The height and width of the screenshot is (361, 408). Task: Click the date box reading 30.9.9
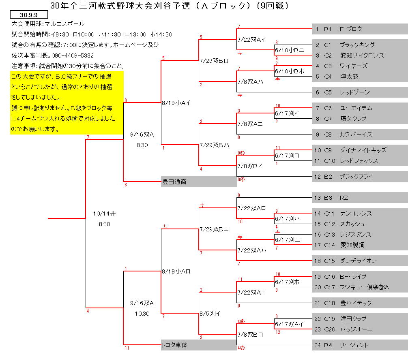click(29, 15)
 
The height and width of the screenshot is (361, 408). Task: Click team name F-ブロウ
click(351, 29)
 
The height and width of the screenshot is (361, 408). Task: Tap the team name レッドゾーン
click(354, 92)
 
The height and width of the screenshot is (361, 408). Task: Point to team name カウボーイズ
click(356, 135)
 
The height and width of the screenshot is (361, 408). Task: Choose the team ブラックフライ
click(356, 177)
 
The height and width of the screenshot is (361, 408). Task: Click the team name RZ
click(344, 198)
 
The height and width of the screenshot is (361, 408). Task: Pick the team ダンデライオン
click(358, 261)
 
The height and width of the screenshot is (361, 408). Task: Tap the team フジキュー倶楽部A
click(364, 287)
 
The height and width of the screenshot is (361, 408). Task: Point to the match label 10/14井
click(104, 214)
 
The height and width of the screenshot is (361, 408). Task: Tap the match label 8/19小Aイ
click(176, 103)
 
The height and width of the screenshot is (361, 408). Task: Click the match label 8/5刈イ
click(210, 314)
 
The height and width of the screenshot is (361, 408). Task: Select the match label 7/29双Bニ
click(214, 229)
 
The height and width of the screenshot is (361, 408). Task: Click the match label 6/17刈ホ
click(287, 282)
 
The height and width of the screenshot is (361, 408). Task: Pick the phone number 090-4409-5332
click(73, 56)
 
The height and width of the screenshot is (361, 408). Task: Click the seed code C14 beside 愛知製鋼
click(329, 245)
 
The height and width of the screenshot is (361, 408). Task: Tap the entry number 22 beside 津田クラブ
click(318, 318)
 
